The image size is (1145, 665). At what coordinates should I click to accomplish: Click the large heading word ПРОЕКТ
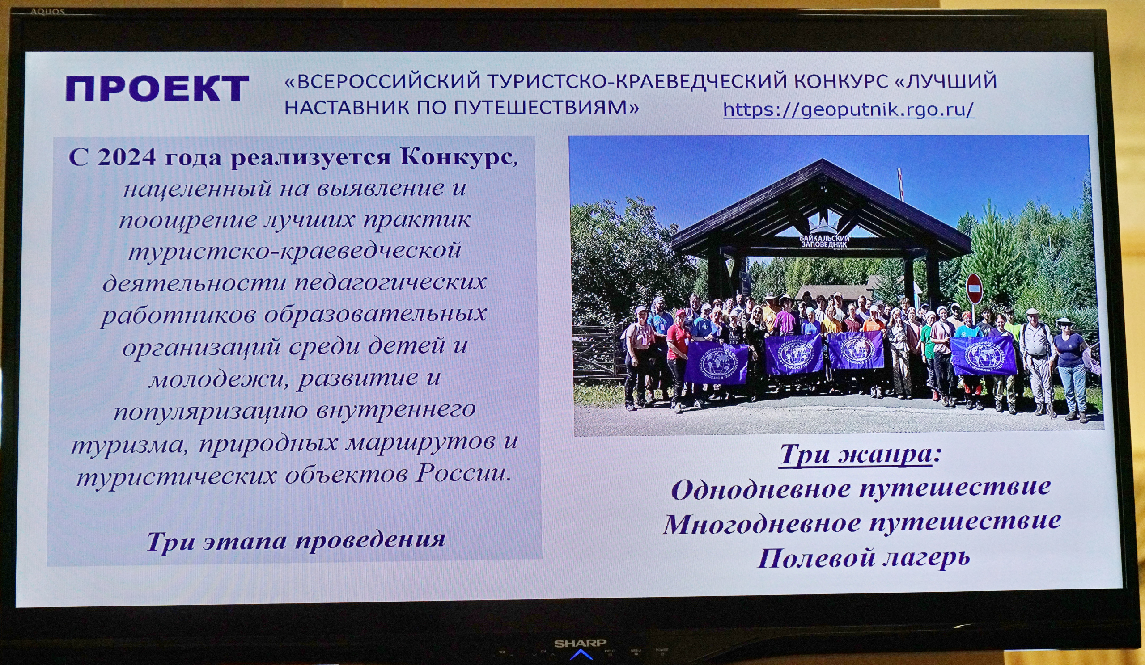157,88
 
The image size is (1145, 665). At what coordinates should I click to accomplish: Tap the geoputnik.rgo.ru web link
849,109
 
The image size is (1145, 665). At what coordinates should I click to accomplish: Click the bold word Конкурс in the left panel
457,157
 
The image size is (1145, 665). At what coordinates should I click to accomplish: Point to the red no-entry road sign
974,289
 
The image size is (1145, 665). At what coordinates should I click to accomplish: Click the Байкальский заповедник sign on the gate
824,241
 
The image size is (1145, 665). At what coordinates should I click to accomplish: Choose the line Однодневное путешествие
861,489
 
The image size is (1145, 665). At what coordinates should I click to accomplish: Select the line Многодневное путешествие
862,523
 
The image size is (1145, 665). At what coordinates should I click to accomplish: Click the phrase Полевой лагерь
864,557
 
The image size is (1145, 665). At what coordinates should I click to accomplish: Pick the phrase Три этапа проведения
296,540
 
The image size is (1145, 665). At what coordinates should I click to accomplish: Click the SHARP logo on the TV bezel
580,643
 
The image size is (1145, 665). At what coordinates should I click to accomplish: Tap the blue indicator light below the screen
581,655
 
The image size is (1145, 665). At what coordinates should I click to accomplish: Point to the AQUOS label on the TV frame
47,11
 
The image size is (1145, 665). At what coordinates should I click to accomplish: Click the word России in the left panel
462,474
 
